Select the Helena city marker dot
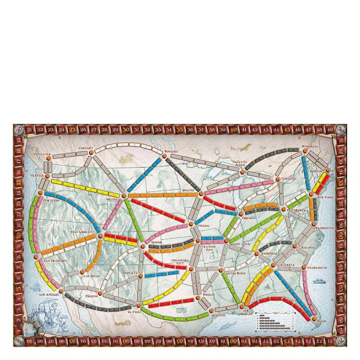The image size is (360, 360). click(x=124, y=195)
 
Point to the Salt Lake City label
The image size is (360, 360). click(x=84, y=232)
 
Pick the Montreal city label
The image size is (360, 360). click(x=311, y=146)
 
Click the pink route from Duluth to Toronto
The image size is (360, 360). click(x=237, y=188)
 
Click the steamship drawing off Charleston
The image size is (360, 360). click(x=318, y=281)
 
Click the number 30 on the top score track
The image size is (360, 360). click(x=127, y=129)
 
